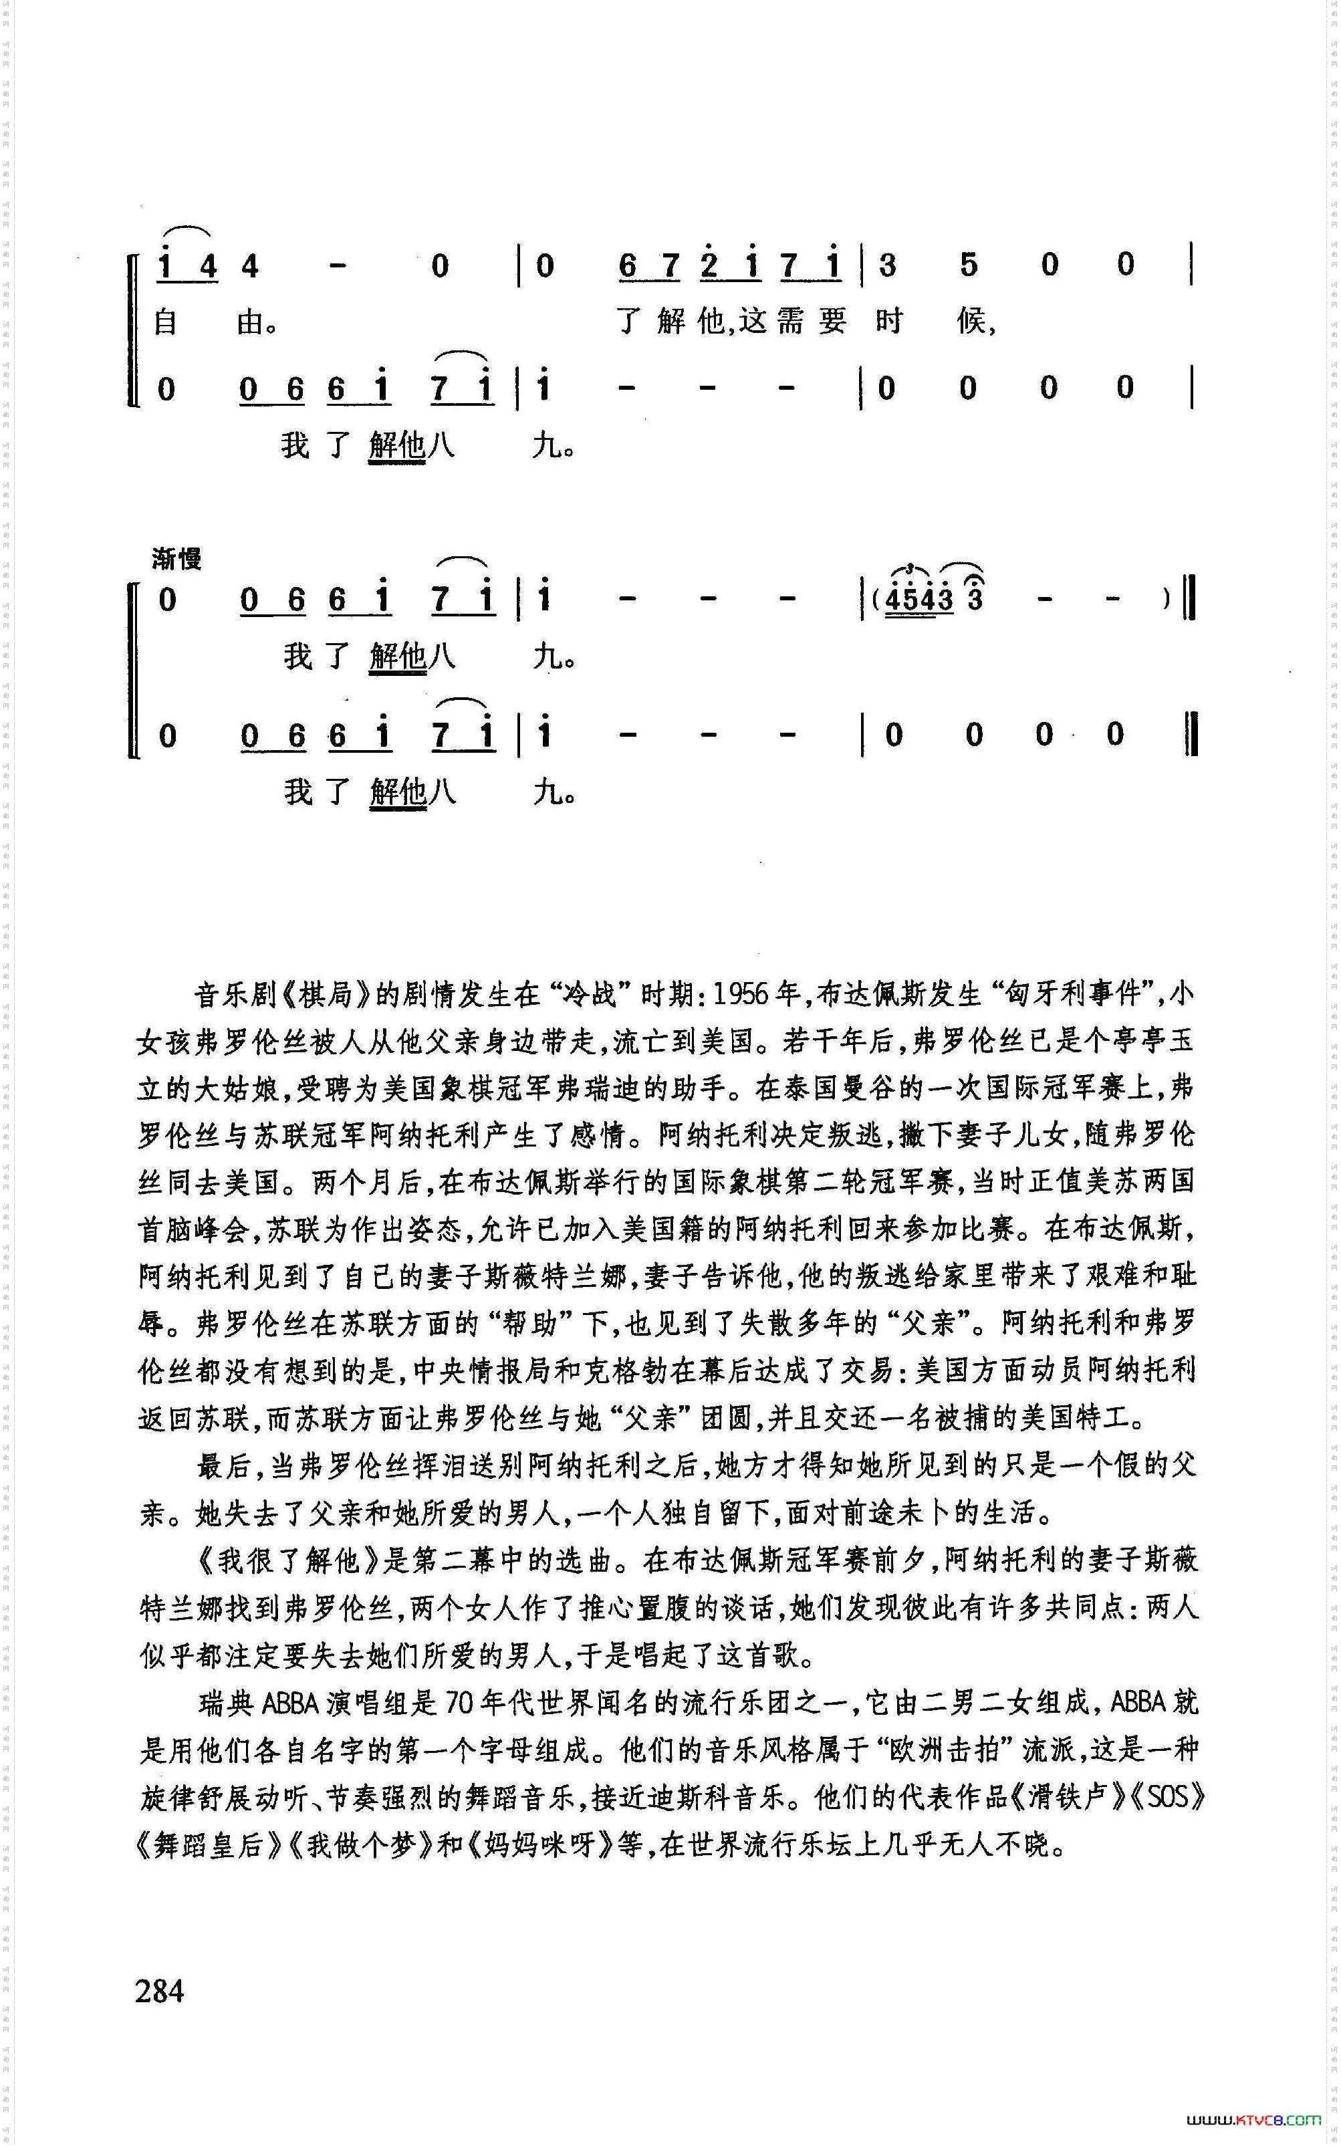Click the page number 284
160,1991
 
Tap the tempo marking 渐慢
176,559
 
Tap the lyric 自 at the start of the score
166,321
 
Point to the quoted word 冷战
591,994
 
